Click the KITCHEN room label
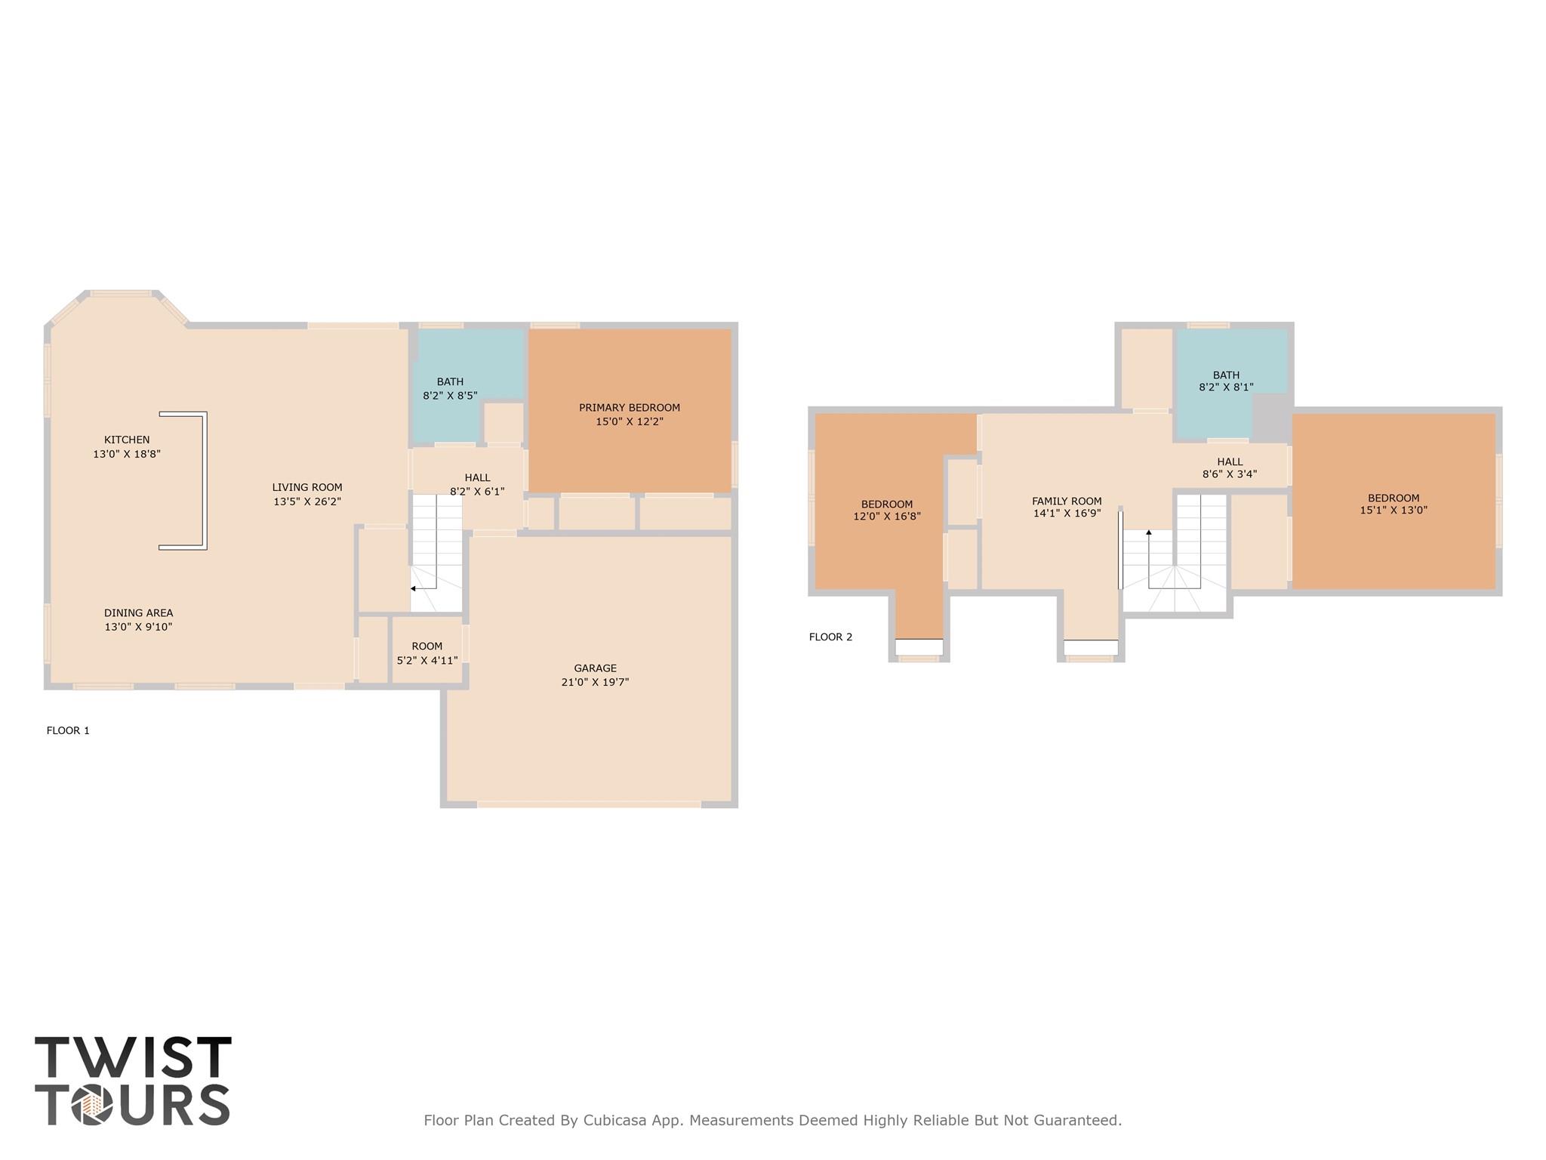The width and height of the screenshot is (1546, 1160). pyautogui.click(x=127, y=440)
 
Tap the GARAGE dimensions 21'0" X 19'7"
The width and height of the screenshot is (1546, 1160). pyautogui.click(x=595, y=682)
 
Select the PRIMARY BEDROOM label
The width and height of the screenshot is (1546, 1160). pyautogui.click(x=629, y=408)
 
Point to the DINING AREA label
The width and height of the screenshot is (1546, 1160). pyautogui.click(x=138, y=613)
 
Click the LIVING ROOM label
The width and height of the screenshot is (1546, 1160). pyautogui.click(x=307, y=488)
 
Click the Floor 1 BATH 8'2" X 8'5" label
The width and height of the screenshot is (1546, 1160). pyautogui.click(x=450, y=388)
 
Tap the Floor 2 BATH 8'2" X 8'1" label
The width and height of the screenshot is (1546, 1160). pyautogui.click(x=1226, y=381)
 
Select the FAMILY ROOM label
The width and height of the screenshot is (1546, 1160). pyautogui.click(x=1067, y=501)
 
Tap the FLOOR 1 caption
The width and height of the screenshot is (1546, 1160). pyautogui.click(x=68, y=730)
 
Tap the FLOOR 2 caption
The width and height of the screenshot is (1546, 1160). pyautogui.click(x=830, y=637)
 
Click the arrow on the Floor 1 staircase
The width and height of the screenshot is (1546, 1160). pyautogui.click(x=414, y=588)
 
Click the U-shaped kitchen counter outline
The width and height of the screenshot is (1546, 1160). pyautogui.click(x=205, y=480)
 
